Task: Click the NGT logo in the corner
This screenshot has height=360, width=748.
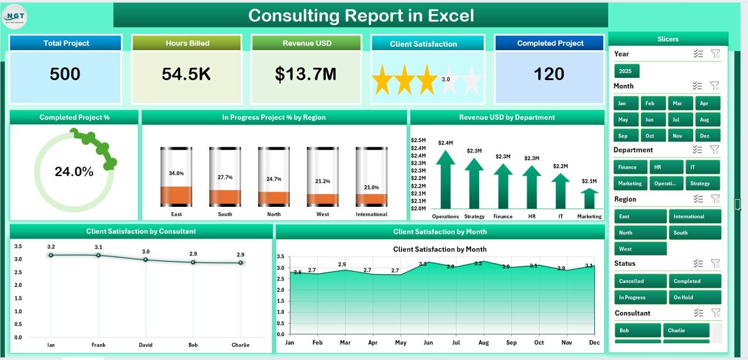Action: [15, 16]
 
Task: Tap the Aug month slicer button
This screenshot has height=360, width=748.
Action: [704, 119]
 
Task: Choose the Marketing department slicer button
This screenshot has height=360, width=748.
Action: [630, 184]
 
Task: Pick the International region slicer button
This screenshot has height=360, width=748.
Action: [695, 216]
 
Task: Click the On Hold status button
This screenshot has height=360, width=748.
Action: [695, 297]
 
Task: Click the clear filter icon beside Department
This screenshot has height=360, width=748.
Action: [715, 150]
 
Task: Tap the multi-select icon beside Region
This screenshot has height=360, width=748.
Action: [697, 199]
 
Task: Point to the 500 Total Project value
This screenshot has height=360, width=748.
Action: [65, 74]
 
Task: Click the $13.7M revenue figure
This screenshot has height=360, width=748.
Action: [306, 74]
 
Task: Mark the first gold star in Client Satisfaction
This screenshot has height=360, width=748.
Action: [382, 80]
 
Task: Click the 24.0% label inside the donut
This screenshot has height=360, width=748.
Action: [74, 172]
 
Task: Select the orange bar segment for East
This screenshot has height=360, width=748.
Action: [176, 195]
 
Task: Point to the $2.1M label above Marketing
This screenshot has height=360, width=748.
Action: [589, 181]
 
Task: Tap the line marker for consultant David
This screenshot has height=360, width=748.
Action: [146, 259]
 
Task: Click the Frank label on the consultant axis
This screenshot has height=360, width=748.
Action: [98, 345]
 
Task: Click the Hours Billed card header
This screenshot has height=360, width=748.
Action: [186, 43]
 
